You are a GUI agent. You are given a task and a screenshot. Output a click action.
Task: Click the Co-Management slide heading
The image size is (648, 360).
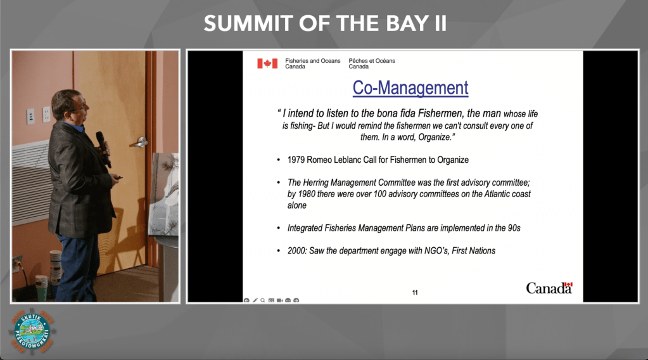click(x=410, y=87)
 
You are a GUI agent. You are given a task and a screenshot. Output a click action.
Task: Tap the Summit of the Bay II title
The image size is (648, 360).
click(x=325, y=23)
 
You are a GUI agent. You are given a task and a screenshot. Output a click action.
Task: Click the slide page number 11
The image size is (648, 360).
click(x=415, y=292)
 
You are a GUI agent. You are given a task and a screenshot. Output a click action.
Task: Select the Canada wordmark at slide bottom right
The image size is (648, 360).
click(x=549, y=288)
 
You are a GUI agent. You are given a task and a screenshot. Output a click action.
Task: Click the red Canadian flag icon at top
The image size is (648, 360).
click(x=267, y=63)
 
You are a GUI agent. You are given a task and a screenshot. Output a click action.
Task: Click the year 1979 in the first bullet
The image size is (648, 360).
click(x=298, y=160)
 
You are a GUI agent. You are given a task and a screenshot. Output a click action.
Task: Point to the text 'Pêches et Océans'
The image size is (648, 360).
click(x=372, y=61)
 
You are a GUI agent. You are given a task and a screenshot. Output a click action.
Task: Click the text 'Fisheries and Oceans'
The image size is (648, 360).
click(x=312, y=61)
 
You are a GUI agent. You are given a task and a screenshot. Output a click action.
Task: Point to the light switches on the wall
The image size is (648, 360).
click(x=38, y=115)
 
